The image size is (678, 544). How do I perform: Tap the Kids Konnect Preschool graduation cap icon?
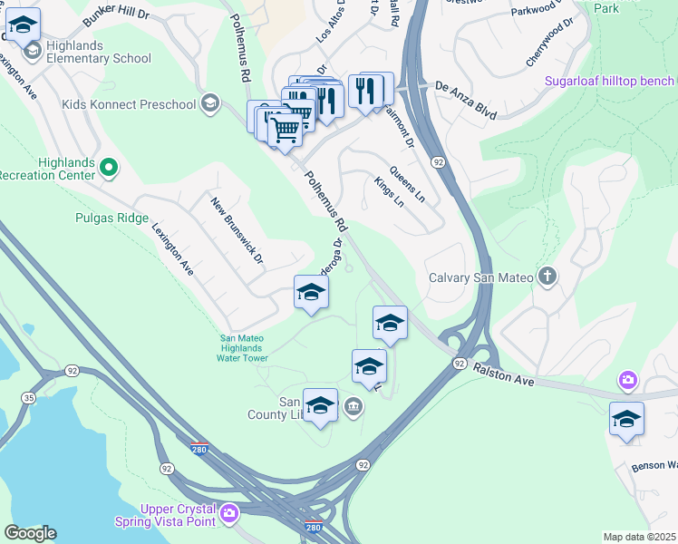(211, 103)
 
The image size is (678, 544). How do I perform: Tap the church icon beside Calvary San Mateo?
(547, 277)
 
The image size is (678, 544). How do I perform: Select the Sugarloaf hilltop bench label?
(610, 81)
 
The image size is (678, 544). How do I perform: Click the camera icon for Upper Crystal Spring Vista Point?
(228, 514)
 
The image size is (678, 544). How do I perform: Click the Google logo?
(30, 533)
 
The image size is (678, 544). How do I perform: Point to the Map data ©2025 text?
(639, 537)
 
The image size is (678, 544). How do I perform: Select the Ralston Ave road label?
(503, 375)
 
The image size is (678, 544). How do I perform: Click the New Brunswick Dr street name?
(237, 232)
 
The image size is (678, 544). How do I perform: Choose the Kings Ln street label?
(389, 192)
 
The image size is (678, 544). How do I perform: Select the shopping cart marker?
(285, 130)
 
